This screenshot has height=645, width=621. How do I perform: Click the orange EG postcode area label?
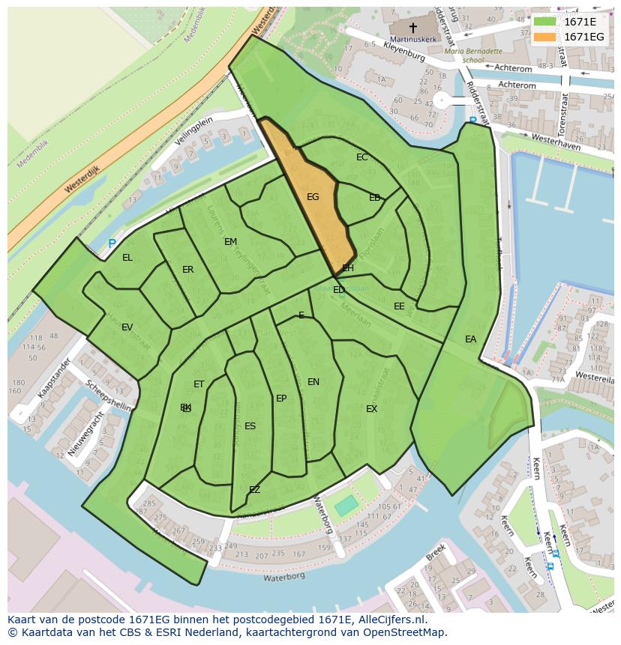pos(313,197)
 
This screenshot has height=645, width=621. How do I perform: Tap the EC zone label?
pos(362,157)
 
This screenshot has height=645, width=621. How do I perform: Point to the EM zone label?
pos(230,242)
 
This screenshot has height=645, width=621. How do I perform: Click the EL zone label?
pos(127,258)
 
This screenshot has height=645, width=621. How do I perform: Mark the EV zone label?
pos(127,327)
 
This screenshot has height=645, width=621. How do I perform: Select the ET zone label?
pos(199,384)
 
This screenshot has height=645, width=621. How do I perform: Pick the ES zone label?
pos(250,426)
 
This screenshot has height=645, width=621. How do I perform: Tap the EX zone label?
pos(371,409)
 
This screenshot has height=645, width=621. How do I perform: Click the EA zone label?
pos(470,339)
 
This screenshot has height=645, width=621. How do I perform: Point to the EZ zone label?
pos(254,490)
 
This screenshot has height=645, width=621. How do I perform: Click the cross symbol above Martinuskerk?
pos(412,26)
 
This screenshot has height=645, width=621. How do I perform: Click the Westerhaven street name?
pos(556,142)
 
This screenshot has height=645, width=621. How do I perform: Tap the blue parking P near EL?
pos(112,244)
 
